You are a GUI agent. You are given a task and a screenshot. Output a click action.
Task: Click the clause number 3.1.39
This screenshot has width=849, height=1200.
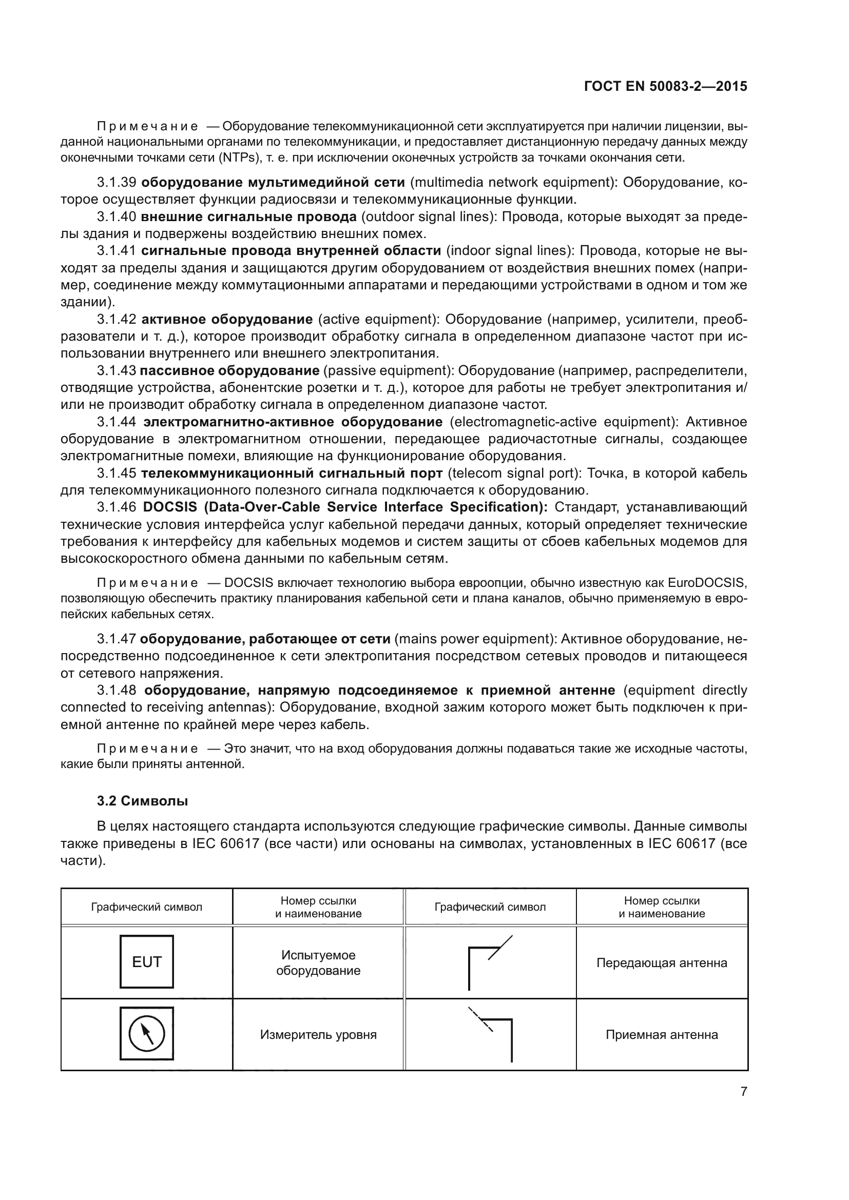click(117, 183)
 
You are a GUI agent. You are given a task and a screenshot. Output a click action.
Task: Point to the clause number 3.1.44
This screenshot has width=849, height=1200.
click(117, 422)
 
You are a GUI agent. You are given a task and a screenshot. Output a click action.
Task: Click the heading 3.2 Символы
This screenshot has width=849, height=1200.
click(142, 801)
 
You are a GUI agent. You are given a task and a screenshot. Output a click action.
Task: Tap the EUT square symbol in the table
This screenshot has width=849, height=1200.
click(146, 961)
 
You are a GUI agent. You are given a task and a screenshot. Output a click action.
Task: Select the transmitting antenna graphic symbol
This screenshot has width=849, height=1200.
click(489, 961)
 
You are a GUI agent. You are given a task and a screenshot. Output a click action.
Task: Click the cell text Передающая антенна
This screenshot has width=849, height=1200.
click(661, 962)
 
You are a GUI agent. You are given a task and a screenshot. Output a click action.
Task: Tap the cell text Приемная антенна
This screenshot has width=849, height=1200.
click(661, 1034)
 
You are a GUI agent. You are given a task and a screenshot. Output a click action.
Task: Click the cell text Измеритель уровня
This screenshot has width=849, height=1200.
click(318, 1034)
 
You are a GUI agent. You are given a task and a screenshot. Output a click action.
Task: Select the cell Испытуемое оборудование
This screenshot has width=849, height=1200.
click(318, 962)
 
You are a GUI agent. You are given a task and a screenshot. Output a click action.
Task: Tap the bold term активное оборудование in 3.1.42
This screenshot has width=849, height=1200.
click(227, 319)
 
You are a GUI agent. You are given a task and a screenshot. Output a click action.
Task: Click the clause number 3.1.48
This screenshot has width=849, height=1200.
click(117, 690)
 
